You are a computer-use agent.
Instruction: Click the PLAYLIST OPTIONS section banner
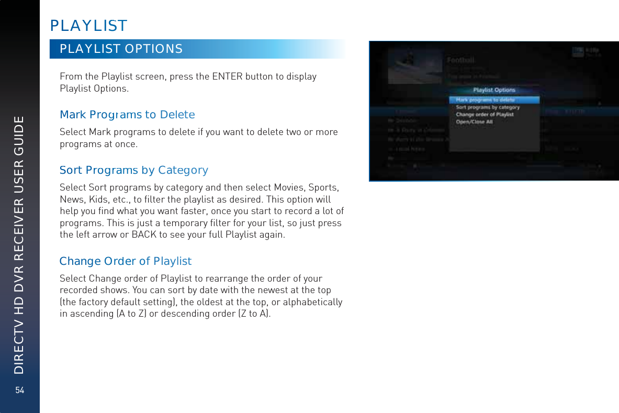click(x=121, y=49)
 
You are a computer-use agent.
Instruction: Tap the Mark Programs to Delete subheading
click(x=127, y=114)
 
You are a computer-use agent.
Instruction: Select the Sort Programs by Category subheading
click(x=134, y=170)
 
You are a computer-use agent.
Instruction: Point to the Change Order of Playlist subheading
click(x=126, y=261)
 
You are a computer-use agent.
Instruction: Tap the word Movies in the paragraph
click(x=290, y=188)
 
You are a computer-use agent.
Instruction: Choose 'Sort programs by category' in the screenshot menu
click(x=488, y=107)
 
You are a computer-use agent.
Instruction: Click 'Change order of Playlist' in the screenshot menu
click(x=485, y=114)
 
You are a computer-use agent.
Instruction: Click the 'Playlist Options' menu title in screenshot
click(x=494, y=90)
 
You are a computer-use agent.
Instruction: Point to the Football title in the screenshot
click(x=461, y=60)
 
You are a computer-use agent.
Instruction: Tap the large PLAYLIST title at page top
click(x=88, y=25)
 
